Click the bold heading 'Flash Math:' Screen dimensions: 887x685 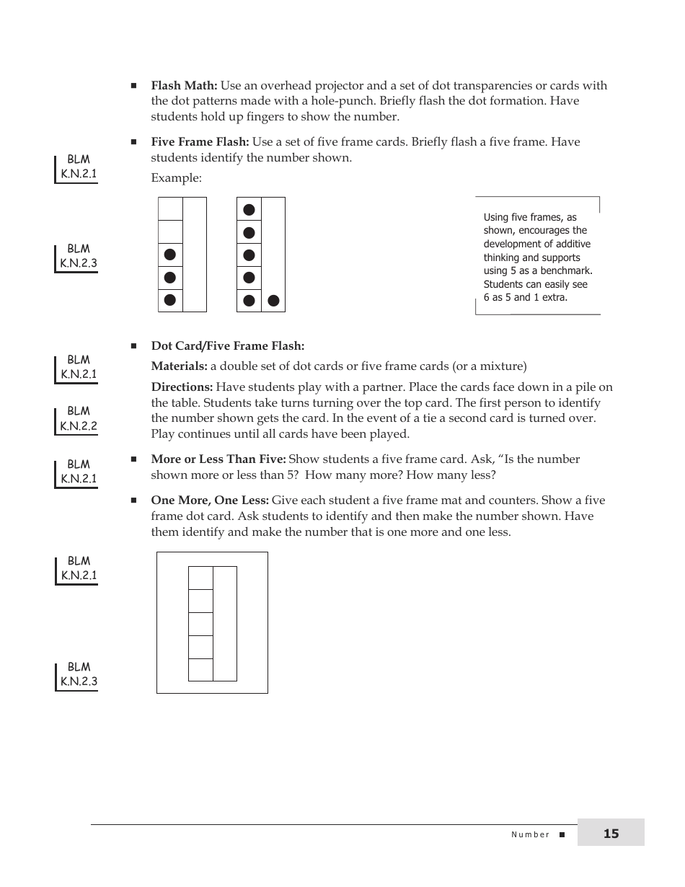click(x=184, y=86)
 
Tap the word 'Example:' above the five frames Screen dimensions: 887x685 click(x=176, y=178)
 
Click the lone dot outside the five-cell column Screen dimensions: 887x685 click(x=273, y=301)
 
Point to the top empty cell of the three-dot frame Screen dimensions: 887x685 click(x=170, y=208)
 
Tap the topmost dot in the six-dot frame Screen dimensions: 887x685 click(x=249, y=210)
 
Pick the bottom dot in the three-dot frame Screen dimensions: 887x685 click(x=170, y=300)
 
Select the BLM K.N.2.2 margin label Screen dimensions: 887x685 click(x=78, y=419)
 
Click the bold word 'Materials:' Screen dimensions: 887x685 click(x=179, y=366)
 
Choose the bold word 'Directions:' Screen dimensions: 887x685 click(x=182, y=387)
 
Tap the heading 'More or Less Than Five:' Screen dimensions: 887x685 click(x=218, y=459)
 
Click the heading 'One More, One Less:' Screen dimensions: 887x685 click(x=210, y=500)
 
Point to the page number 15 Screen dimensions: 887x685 click(x=611, y=834)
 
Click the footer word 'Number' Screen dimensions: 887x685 click(x=530, y=834)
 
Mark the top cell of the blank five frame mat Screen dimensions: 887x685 click(x=200, y=578)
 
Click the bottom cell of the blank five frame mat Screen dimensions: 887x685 click(x=200, y=670)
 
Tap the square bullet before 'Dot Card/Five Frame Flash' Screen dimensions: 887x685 click(x=134, y=346)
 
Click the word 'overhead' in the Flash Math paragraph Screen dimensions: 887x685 click(x=278, y=86)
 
